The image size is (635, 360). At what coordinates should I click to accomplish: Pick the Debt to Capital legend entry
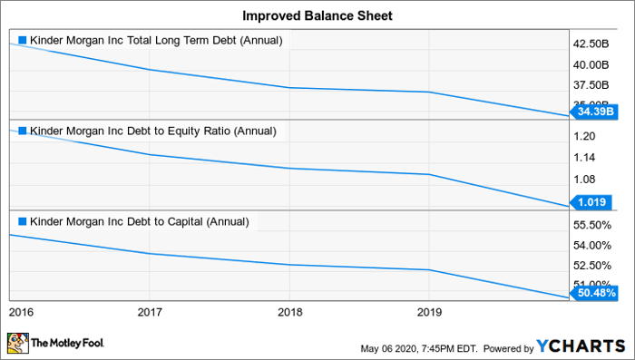[137, 220]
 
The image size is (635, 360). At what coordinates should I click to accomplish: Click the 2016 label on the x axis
[20, 312]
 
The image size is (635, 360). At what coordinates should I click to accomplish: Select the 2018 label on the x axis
[289, 312]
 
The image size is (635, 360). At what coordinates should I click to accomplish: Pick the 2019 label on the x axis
[429, 312]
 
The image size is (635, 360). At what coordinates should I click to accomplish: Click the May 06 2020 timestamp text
[414, 348]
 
